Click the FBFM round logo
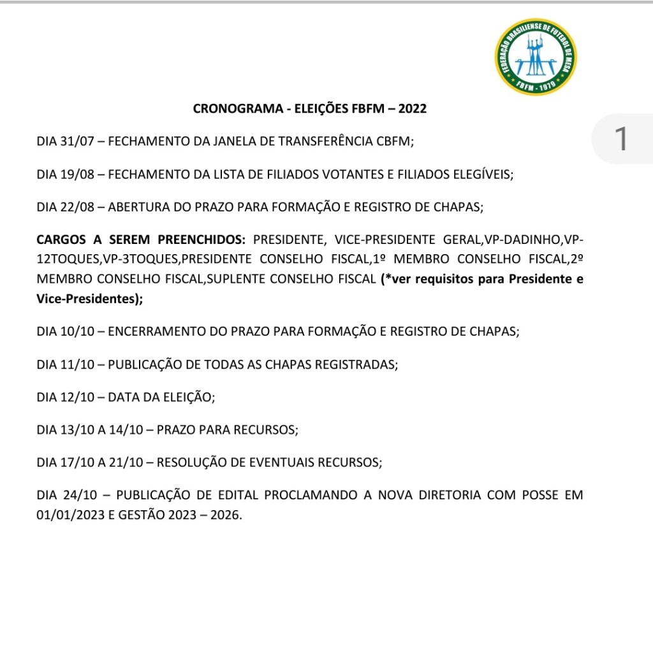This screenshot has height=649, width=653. coord(536,57)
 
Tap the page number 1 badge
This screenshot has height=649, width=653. coord(620,139)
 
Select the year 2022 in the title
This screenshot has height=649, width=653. coord(412,109)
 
